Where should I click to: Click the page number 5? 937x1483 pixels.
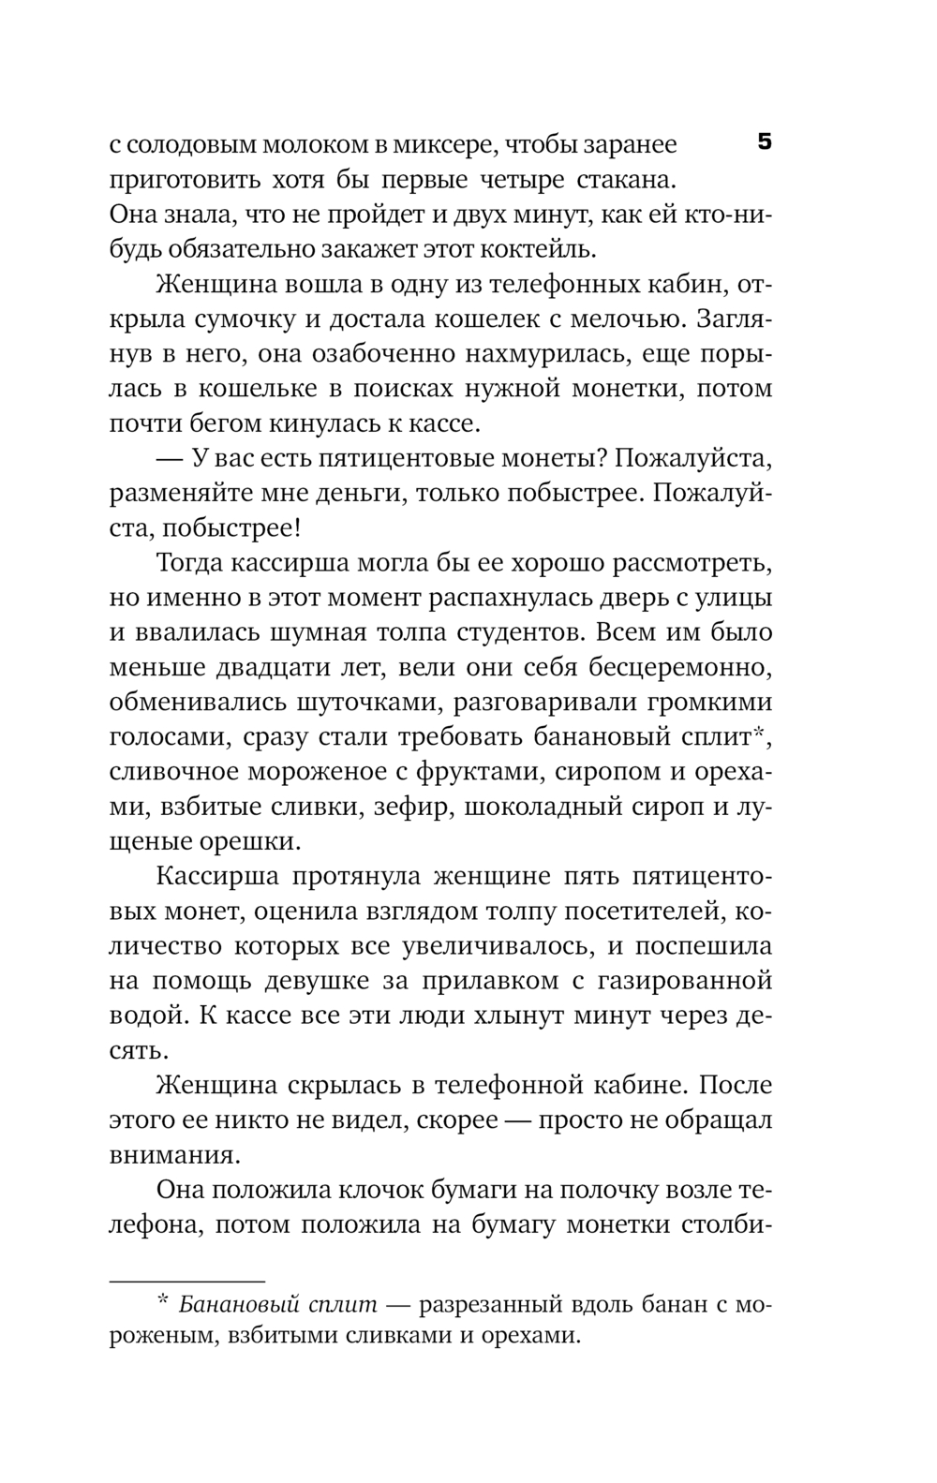(764, 142)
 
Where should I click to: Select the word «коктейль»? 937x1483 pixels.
(545, 249)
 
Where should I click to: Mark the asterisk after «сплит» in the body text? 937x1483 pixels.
(762, 734)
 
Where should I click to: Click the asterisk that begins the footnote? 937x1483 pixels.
(162, 1301)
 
